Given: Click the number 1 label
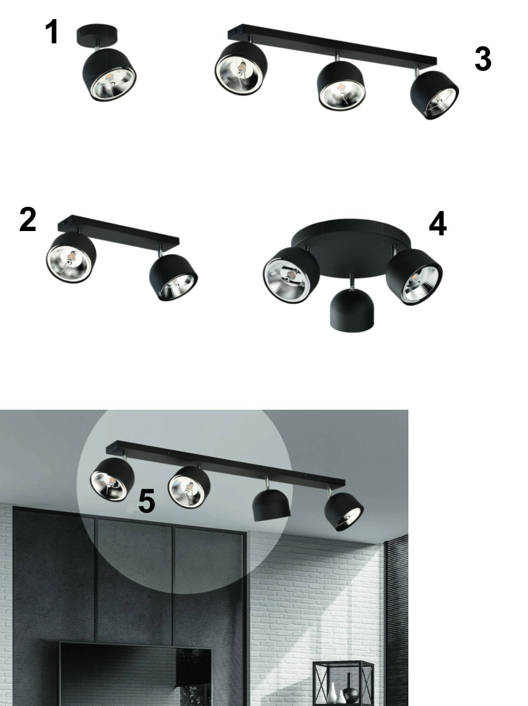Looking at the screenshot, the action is tap(51, 31).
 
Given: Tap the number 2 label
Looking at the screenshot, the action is tap(28, 219).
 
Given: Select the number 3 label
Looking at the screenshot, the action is tap(483, 59).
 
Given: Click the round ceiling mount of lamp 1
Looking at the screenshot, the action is tap(97, 35).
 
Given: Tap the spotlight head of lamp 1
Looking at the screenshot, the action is tap(109, 75).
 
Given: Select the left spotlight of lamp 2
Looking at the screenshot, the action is tap(71, 258).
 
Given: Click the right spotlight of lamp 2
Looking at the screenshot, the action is tap(173, 278).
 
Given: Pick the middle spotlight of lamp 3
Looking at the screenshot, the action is tap(341, 86).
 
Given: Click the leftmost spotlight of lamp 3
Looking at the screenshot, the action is tap(241, 69).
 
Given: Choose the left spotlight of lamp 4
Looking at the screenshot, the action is tap(291, 275).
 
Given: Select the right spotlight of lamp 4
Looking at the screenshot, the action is tap(414, 277).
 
